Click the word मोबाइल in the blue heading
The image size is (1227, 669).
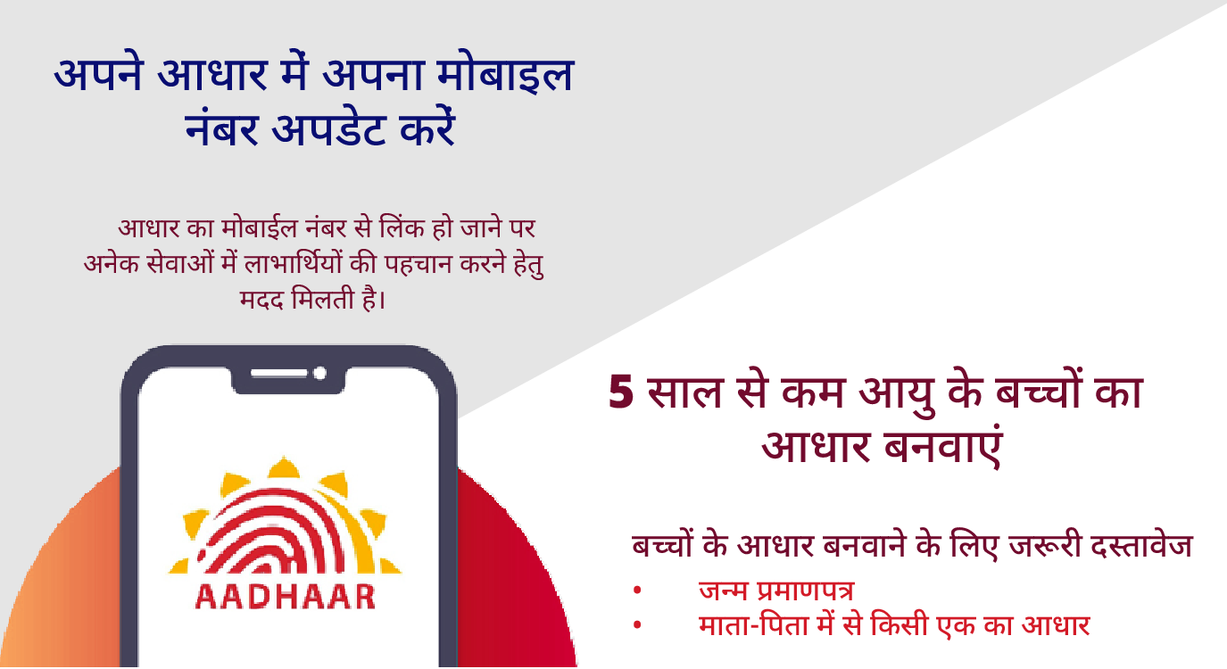504,74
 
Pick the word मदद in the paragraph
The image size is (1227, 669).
261,300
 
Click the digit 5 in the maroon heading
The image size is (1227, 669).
621,392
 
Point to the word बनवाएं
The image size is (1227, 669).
942,446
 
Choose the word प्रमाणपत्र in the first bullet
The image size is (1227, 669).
805,591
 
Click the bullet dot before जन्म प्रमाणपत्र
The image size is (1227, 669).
636,591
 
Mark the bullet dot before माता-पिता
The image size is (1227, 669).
636,624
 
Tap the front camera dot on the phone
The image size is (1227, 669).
319,374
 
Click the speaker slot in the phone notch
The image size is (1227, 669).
278,374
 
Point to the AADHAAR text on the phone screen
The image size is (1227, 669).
286,597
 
